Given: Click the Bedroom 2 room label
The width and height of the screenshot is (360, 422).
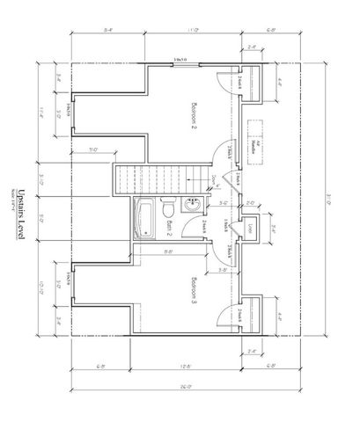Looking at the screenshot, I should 195,115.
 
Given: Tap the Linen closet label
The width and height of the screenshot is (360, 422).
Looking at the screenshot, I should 253,229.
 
